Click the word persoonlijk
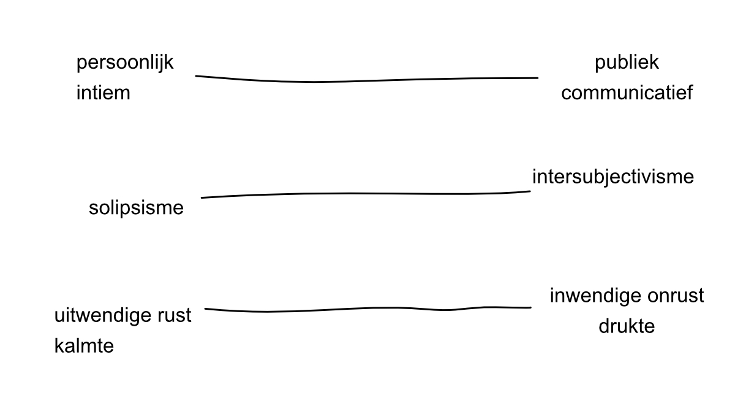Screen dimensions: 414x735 (x=125, y=63)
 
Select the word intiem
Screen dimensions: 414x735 (x=103, y=94)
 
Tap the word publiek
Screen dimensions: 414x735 (x=626, y=63)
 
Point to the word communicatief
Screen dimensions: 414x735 (x=627, y=93)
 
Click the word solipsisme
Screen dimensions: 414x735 (x=136, y=208)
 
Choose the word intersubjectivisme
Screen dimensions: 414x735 (x=612, y=177)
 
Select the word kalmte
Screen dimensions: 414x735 (x=84, y=346)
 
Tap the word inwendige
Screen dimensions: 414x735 (x=594, y=296)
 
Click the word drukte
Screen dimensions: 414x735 (x=626, y=326)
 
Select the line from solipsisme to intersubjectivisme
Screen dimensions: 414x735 (x=367, y=193)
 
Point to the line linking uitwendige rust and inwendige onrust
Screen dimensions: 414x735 (x=367, y=308)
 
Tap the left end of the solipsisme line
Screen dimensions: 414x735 (x=202, y=197)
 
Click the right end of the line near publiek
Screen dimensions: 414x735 (x=537, y=78)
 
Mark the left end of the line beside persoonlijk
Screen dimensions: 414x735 (x=197, y=76)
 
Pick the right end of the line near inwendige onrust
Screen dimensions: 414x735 (x=530, y=307)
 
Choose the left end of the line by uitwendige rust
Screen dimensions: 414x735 (x=206, y=309)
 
